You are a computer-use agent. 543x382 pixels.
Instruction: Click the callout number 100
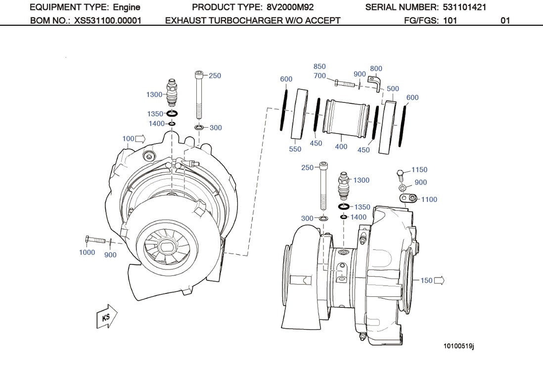coord(128,139)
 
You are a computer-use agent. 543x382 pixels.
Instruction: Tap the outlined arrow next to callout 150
coord(439,281)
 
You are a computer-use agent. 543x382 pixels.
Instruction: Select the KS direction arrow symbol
coord(107,317)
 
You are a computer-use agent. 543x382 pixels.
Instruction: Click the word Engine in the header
coord(127,7)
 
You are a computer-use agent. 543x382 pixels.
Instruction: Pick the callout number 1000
coord(87,252)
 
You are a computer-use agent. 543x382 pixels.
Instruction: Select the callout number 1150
coord(419,170)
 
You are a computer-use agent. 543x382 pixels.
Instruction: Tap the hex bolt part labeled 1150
coord(400,174)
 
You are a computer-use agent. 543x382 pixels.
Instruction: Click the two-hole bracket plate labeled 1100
coord(407,198)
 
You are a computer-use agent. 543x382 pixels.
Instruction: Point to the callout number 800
coord(376,69)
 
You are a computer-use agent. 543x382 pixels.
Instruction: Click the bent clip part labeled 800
coord(376,83)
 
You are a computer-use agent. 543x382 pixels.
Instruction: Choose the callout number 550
coord(295,148)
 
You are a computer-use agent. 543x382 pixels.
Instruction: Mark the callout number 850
coord(319,66)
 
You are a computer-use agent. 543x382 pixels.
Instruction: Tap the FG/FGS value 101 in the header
coord(450,20)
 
